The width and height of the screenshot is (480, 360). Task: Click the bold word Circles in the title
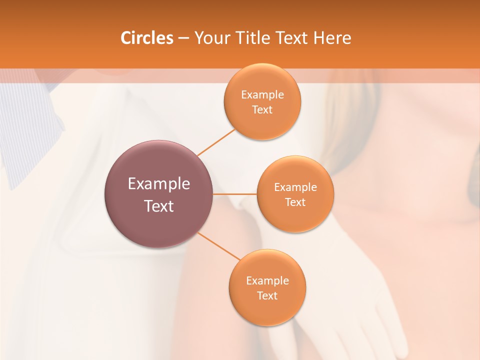coord(146,38)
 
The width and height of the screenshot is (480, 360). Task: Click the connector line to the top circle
coord(216,142)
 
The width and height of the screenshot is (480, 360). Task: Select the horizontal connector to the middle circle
coord(235,194)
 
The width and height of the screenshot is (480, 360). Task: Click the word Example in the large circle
coord(159,184)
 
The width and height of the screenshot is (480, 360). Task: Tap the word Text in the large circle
coord(159,206)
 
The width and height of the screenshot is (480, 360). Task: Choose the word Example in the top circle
coord(262,95)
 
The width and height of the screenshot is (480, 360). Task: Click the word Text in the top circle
coord(262,110)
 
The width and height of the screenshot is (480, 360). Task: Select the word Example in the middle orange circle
coord(295,187)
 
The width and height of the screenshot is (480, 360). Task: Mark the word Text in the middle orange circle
coord(295,202)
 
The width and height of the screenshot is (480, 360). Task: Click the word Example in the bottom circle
coord(267,281)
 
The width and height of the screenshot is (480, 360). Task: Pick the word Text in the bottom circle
coord(267,296)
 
